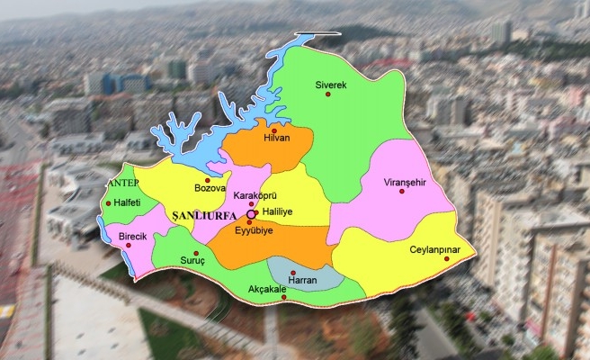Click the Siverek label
(x=330, y=84)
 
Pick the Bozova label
(x=209, y=188)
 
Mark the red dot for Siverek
(x=329, y=94)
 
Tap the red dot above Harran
(x=293, y=272)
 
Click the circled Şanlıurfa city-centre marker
(x=252, y=214)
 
